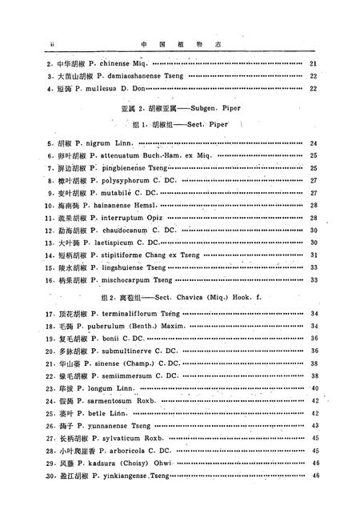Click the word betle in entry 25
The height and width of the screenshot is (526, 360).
coord(86,413)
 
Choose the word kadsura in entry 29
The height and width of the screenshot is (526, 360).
coord(97,463)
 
